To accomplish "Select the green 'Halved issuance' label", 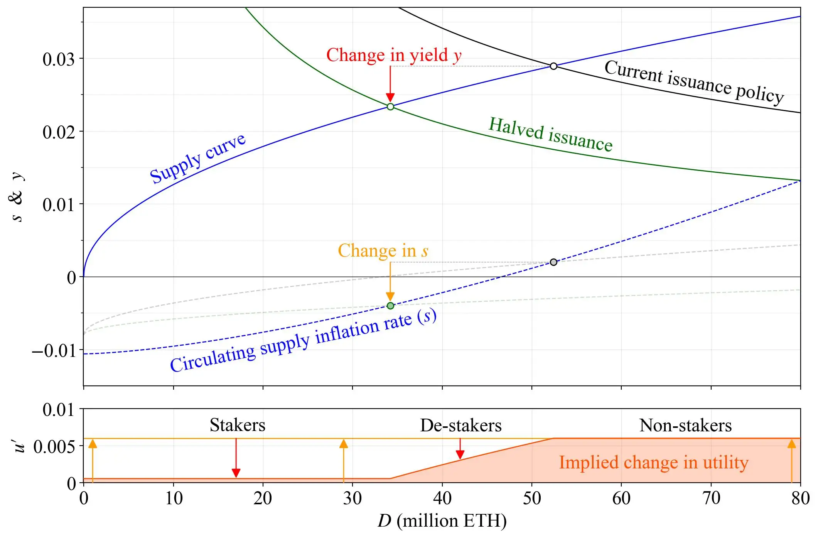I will pyautogui.click(x=550, y=135).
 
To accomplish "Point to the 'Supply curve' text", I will pyautogui.click(x=197, y=158).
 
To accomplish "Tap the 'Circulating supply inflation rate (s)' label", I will pyautogui.click(x=303, y=341).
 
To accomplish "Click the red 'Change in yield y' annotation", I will pyautogui.click(x=394, y=55).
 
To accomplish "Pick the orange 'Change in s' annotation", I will pyautogui.click(x=383, y=251).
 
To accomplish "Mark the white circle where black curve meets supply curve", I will pyautogui.click(x=553, y=66).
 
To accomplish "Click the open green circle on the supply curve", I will pyautogui.click(x=390, y=106).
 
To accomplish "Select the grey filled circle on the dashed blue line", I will pyautogui.click(x=553, y=262).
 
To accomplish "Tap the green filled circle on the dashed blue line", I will pyautogui.click(x=390, y=306).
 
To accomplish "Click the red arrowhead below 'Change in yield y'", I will pyautogui.click(x=390, y=97).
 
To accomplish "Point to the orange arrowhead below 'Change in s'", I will pyautogui.click(x=390, y=296).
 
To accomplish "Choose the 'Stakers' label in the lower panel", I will pyautogui.click(x=238, y=425).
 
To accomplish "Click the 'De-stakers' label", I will pyautogui.click(x=461, y=426).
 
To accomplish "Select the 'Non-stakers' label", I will pyautogui.click(x=685, y=426).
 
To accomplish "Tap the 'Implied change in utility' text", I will pyautogui.click(x=654, y=462).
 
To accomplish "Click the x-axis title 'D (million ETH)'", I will pyautogui.click(x=442, y=521).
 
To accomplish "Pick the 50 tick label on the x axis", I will pyautogui.click(x=532, y=498).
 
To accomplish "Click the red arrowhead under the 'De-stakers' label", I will pyautogui.click(x=460, y=455).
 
